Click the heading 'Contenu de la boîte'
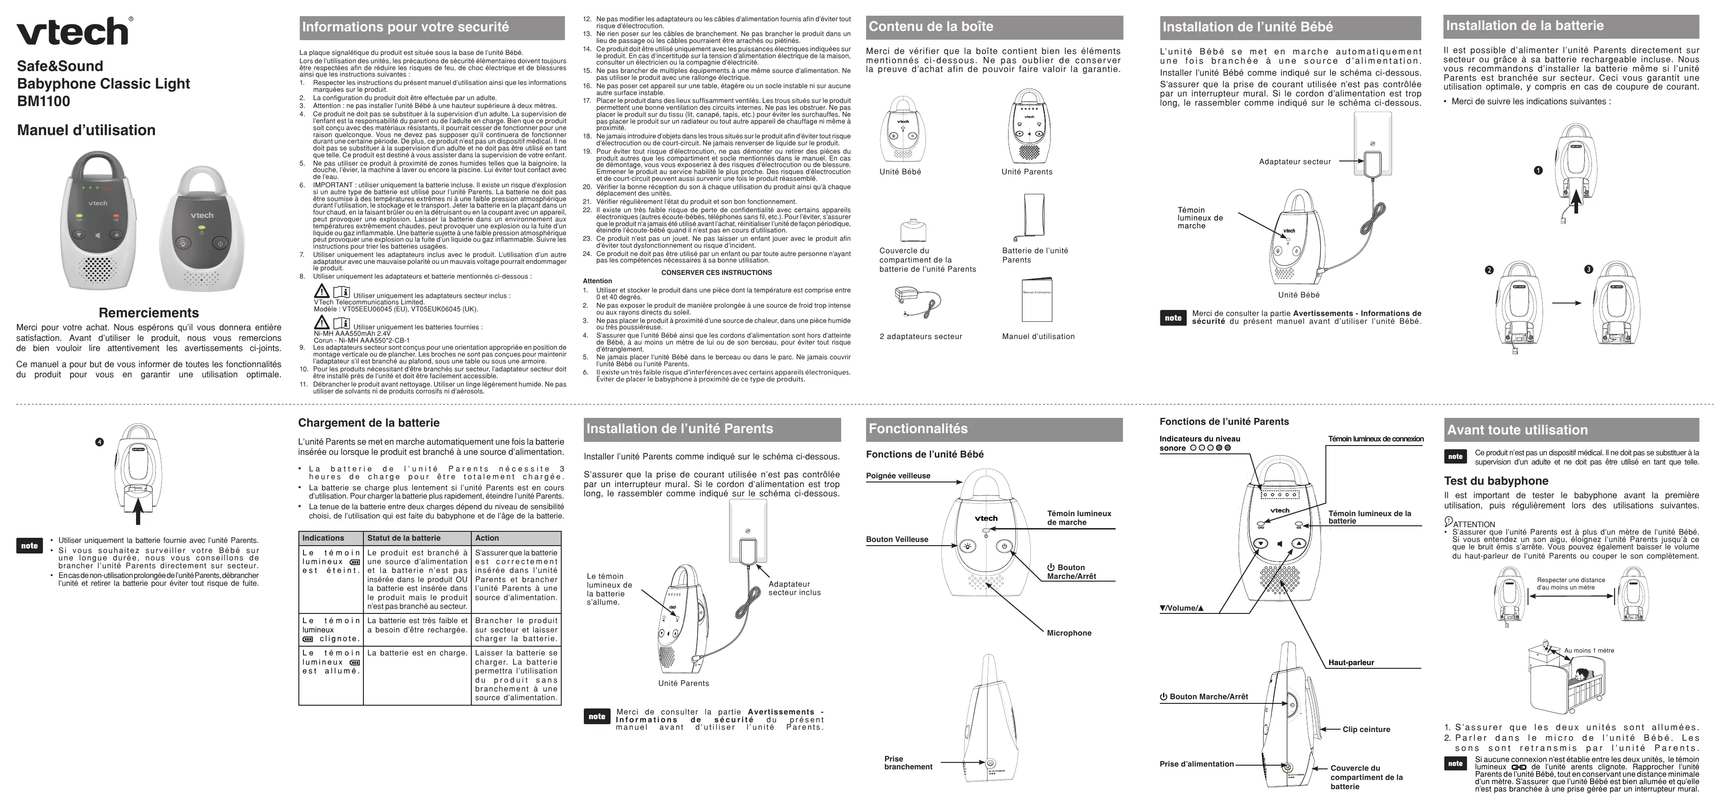[931, 27]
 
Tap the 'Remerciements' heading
[148, 313]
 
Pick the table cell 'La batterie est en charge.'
[417, 653]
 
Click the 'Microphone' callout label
[1069, 633]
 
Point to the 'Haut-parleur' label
[1351, 662]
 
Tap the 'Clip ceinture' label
[1366, 729]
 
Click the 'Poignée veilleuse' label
[898, 476]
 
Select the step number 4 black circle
[99, 442]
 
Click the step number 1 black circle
[1538, 171]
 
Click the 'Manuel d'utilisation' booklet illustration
[1037, 299]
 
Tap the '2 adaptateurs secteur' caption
[920, 337]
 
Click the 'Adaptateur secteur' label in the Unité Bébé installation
[1294, 161]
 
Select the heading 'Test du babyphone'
[1496, 481]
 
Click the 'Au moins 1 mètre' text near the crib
[1589, 650]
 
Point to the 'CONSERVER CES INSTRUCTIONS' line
[716, 273]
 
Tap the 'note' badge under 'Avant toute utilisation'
[1455, 457]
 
